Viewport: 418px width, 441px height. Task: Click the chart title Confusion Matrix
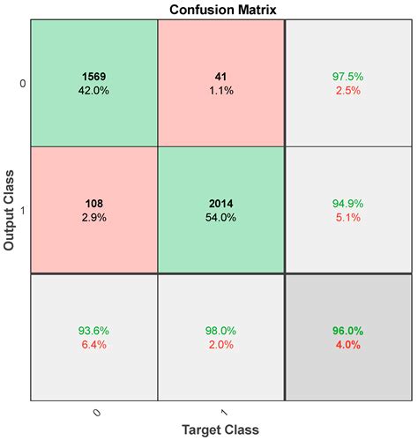(x=220, y=9)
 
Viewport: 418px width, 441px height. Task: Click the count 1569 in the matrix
(x=94, y=77)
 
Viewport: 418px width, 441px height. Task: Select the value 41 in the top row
(x=221, y=77)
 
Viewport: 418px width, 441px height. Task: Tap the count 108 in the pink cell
(x=94, y=205)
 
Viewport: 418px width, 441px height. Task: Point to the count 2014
(x=221, y=205)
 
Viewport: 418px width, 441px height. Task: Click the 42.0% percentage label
(x=94, y=91)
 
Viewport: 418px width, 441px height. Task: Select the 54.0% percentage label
(x=221, y=218)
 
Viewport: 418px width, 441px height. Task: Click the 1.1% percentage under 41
(x=221, y=91)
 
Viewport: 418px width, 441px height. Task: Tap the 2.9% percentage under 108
(x=94, y=218)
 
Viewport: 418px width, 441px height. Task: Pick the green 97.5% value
(x=348, y=77)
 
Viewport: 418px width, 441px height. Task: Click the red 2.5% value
(x=348, y=91)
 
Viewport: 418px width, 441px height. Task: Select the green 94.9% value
(x=348, y=205)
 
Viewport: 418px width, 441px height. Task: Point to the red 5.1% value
(x=348, y=218)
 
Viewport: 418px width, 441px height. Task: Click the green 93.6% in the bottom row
(x=94, y=332)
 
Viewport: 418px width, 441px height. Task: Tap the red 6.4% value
(x=94, y=345)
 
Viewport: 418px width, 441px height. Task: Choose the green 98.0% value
(x=221, y=332)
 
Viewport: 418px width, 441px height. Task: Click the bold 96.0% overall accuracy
(x=348, y=332)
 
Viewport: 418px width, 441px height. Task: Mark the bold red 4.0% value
(x=348, y=345)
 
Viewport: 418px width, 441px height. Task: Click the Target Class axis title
(x=220, y=430)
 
